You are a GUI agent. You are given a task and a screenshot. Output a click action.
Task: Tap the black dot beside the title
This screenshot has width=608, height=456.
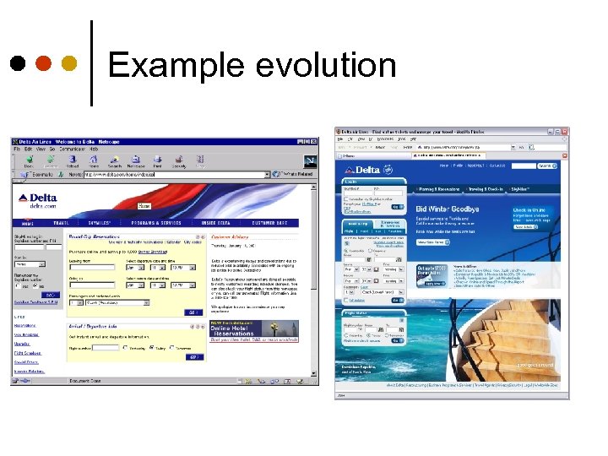(x=18, y=63)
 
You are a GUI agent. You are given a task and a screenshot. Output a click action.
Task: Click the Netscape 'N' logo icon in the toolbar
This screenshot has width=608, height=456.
(x=310, y=160)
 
